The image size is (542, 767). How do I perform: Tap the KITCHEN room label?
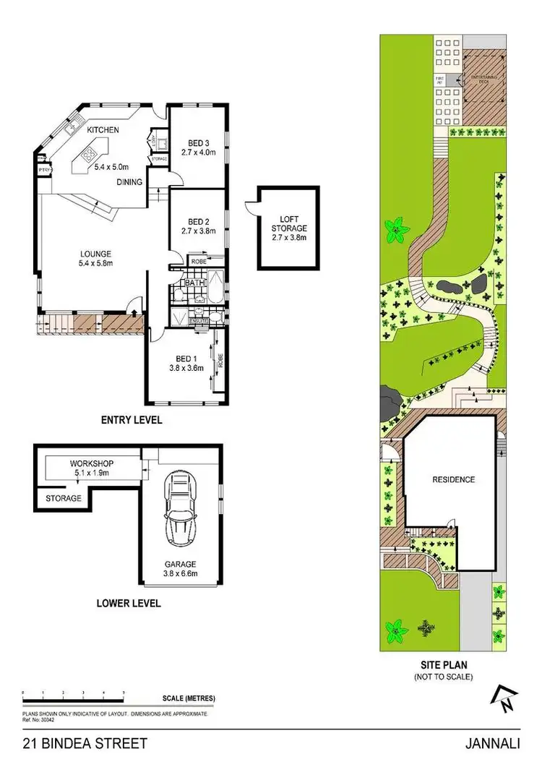coord(103,130)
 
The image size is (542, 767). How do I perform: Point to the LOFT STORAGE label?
coord(288,223)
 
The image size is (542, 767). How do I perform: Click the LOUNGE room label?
coord(95,254)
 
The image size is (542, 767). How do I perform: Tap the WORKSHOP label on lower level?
coord(92,463)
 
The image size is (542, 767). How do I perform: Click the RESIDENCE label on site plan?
coord(453,479)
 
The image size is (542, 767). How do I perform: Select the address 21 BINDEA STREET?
coord(85,743)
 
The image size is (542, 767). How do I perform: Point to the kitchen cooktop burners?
coord(90,153)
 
